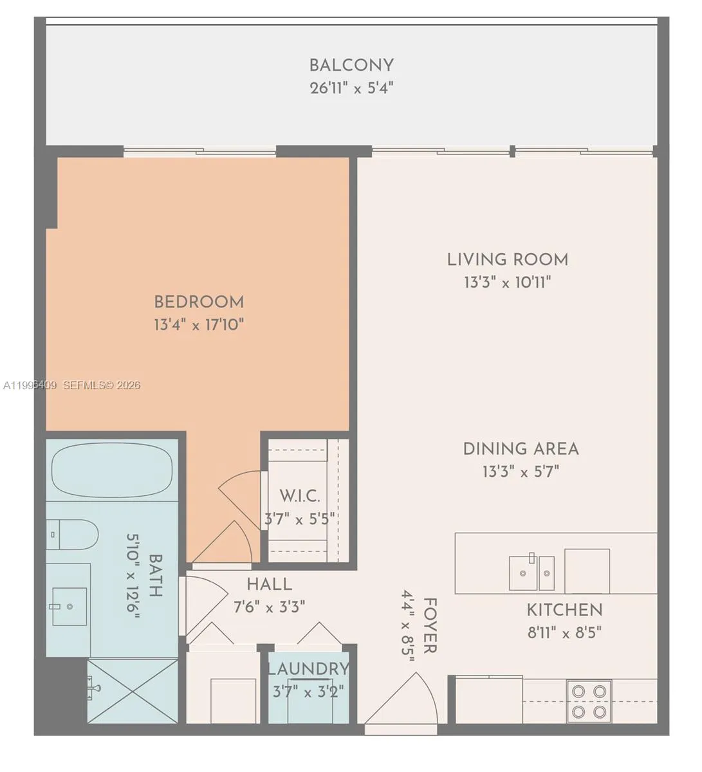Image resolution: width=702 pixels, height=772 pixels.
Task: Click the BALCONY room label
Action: (x=351, y=65)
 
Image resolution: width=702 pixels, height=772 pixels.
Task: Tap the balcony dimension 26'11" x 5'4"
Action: (x=351, y=87)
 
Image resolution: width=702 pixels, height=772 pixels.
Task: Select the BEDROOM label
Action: (x=199, y=302)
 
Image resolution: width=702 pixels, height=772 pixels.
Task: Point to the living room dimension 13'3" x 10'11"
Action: (x=508, y=282)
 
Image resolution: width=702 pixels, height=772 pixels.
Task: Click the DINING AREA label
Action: (x=521, y=448)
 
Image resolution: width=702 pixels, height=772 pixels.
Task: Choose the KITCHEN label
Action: (x=564, y=610)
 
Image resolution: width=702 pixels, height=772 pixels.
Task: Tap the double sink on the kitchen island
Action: (x=531, y=572)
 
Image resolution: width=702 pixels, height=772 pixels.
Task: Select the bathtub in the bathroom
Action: (x=112, y=470)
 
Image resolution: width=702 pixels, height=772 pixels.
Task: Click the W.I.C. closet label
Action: (x=299, y=496)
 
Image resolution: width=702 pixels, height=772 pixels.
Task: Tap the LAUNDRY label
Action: (x=308, y=669)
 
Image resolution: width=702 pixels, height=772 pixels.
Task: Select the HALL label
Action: (x=269, y=584)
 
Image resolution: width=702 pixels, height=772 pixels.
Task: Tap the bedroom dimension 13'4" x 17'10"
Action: (x=199, y=324)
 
